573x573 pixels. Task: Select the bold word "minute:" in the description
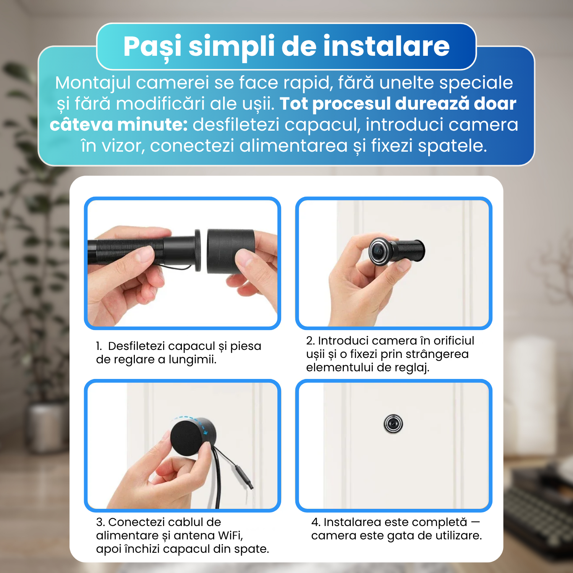click(x=152, y=125)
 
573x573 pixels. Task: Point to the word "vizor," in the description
click(x=124, y=146)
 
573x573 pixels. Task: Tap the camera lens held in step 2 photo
click(x=379, y=251)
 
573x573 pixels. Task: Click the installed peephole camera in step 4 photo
click(x=393, y=424)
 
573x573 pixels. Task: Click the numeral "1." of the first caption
click(x=99, y=346)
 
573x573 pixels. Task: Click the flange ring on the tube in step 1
click(x=198, y=250)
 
